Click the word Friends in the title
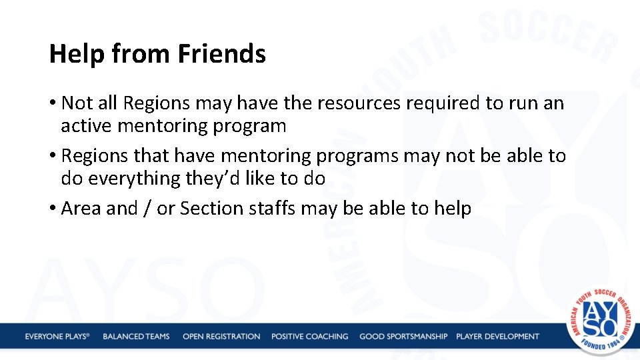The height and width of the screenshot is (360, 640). pos(222,54)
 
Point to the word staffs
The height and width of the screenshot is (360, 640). pos(273,209)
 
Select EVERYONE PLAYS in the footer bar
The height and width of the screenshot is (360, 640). pos(57,336)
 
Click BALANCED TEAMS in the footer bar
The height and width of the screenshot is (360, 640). pos(136,336)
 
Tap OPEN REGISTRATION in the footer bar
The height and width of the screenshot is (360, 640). pos(221,336)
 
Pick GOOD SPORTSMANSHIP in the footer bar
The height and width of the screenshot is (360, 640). pos(403,336)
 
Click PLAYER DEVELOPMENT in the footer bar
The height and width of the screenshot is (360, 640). pos(497,336)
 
